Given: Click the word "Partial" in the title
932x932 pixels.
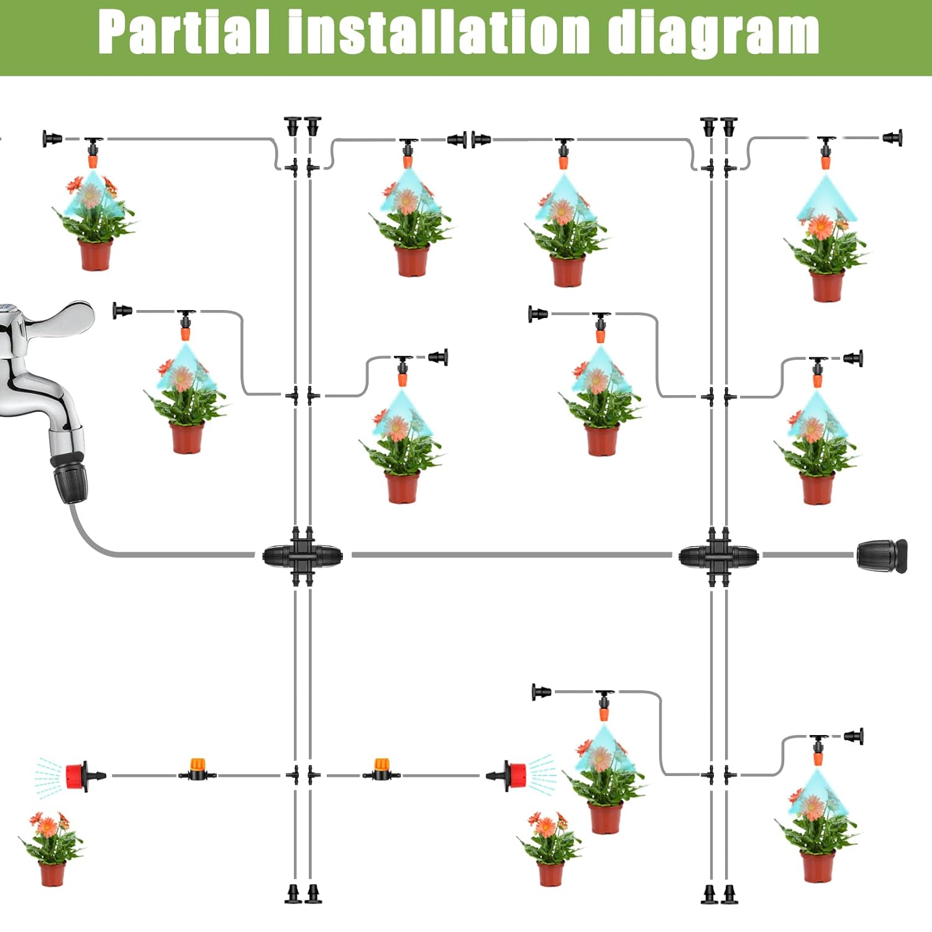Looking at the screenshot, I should tap(184, 32).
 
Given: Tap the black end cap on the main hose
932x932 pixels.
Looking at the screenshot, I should tap(881, 555).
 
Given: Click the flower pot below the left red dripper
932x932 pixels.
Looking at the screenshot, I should tap(52, 874).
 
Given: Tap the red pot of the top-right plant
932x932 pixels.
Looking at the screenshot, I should tap(826, 286).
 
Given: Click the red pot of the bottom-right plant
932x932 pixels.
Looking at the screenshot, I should tap(817, 867).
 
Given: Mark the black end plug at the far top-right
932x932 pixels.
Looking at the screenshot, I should tap(893, 138).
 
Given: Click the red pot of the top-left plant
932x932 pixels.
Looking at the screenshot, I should tap(95, 255).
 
